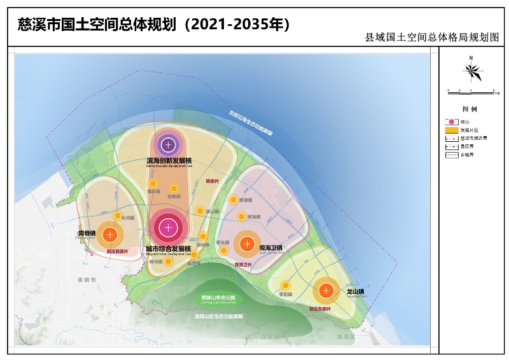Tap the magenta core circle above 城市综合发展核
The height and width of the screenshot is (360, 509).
[168, 227]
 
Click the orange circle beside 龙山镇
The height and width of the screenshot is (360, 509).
[326, 291]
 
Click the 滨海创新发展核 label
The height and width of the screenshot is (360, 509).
[169, 161]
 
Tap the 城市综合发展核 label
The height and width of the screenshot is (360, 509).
[168, 248]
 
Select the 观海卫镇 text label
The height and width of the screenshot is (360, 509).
[270, 247]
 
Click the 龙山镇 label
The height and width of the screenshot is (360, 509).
[355, 292]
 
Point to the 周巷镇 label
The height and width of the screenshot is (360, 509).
[87, 233]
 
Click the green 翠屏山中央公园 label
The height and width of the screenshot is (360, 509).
[218, 298]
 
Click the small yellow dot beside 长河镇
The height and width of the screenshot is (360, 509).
[117, 216]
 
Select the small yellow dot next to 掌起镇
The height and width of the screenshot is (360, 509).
[286, 285]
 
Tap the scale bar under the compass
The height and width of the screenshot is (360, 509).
[471, 92]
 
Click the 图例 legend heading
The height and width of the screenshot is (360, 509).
[470, 109]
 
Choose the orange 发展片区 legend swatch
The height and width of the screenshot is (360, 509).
[451, 129]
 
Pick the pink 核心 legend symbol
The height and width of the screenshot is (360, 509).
[451, 121]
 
